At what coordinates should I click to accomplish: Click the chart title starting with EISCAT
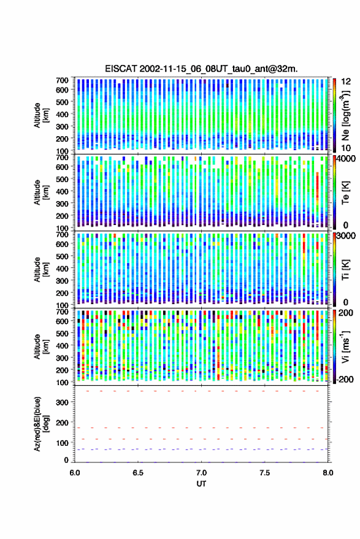click(x=201, y=69)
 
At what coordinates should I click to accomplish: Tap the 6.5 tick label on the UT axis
click(x=138, y=473)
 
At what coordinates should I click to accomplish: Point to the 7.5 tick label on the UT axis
click(x=264, y=473)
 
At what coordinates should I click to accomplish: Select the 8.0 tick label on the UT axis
click(x=327, y=473)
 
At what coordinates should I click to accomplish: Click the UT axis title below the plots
click(x=201, y=484)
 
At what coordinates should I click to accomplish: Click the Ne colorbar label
click(x=345, y=115)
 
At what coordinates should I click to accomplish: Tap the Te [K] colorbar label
click(x=345, y=193)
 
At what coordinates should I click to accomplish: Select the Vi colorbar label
click(x=345, y=346)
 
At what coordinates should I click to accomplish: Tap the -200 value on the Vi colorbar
click(x=345, y=379)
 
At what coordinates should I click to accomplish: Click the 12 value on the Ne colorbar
click(x=346, y=81)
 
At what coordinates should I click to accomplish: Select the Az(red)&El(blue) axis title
click(x=41, y=424)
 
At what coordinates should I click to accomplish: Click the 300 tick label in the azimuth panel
click(x=62, y=402)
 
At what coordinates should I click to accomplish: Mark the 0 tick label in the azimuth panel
click(x=66, y=460)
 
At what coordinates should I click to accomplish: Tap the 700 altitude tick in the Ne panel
click(x=62, y=80)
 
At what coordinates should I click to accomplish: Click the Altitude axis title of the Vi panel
click(x=41, y=346)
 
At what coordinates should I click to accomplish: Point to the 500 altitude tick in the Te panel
click(x=62, y=179)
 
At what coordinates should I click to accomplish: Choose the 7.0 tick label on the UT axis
click(x=201, y=473)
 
